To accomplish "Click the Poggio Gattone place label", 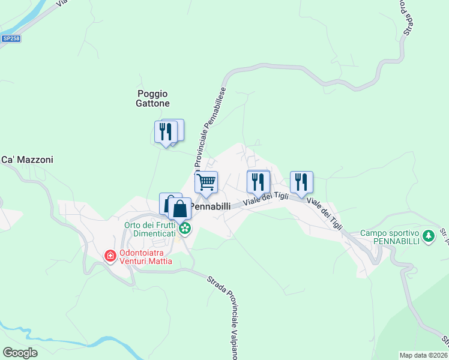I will pyautogui.click(x=152, y=98).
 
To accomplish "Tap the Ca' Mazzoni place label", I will pyautogui.click(x=27, y=160).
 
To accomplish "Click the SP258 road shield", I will pyautogui.click(x=10, y=38).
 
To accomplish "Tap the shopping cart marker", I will pyautogui.click(x=206, y=182).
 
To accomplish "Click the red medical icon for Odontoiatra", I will pyautogui.click(x=110, y=256).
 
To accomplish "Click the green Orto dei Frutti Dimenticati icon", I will pyautogui.click(x=185, y=228).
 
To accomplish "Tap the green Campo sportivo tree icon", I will pyautogui.click(x=428, y=236).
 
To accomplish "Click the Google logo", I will pyautogui.click(x=20, y=353).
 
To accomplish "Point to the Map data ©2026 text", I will pyautogui.click(x=424, y=355).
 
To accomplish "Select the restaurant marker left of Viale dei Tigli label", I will pyautogui.click(x=258, y=182).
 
